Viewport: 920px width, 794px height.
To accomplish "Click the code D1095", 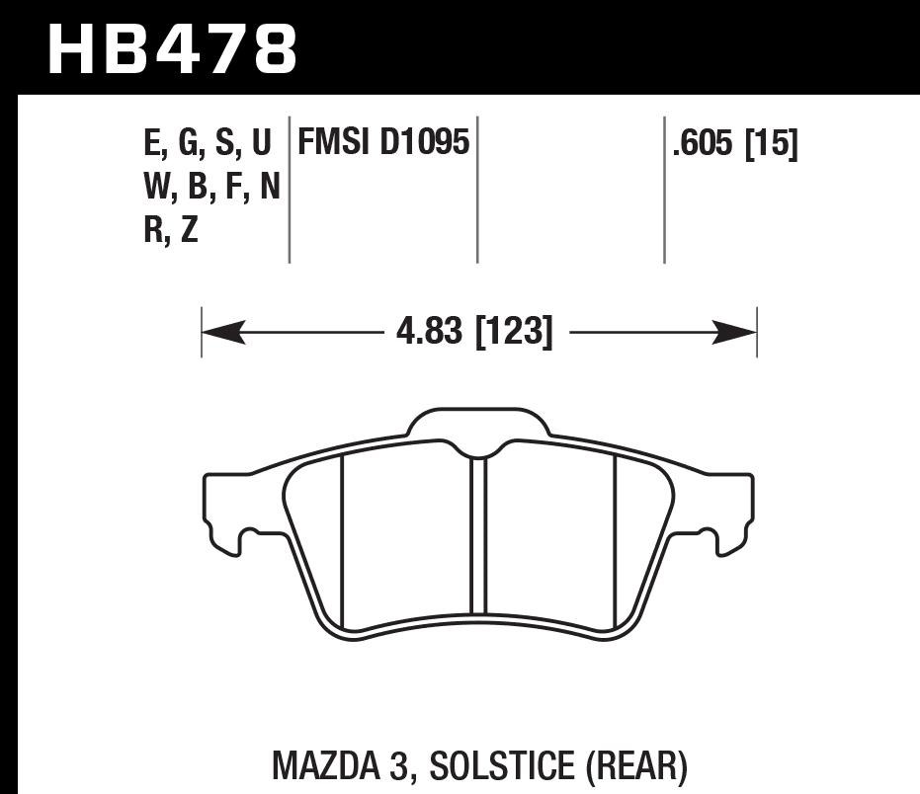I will click(423, 144).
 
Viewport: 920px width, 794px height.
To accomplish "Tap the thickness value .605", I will click(704, 144).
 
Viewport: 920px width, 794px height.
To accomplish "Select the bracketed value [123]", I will click(514, 331).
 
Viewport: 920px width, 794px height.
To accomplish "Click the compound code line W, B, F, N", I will click(211, 188).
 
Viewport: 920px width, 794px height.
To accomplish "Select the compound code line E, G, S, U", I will click(208, 144).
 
